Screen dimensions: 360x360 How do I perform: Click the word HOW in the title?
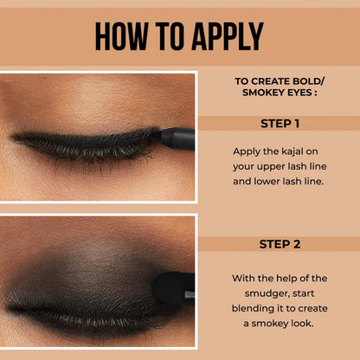coord(121,36)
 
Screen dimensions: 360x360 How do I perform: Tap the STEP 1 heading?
coord(280,123)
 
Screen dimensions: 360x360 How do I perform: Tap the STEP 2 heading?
coord(280,244)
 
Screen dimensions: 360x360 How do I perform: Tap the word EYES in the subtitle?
coord(300,98)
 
